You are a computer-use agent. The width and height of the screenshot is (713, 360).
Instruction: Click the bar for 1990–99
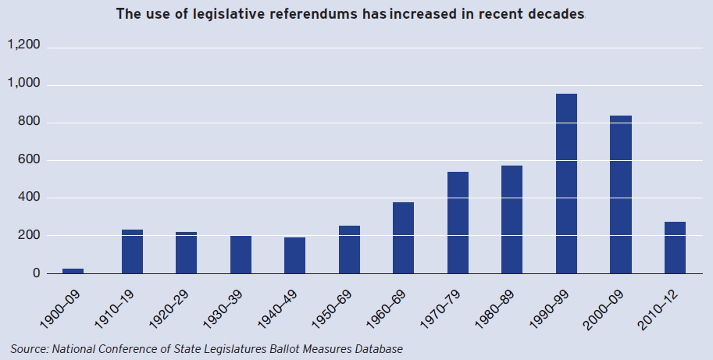click(566, 184)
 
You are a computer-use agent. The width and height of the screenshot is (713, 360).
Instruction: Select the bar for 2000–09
click(621, 194)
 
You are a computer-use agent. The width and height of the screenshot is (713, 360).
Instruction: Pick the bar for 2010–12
click(675, 248)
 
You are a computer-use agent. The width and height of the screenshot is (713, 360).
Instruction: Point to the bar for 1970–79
click(458, 223)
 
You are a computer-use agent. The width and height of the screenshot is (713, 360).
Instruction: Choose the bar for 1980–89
click(512, 219)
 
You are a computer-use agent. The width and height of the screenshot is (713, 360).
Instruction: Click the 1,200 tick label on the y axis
click(23, 46)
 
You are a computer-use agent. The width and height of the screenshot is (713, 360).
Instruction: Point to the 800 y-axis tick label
click(29, 122)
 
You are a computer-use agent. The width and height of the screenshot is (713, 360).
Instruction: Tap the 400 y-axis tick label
click(29, 198)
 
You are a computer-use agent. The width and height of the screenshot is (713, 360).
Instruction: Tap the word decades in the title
click(555, 14)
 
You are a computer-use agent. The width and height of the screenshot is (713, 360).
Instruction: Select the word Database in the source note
click(377, 348)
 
